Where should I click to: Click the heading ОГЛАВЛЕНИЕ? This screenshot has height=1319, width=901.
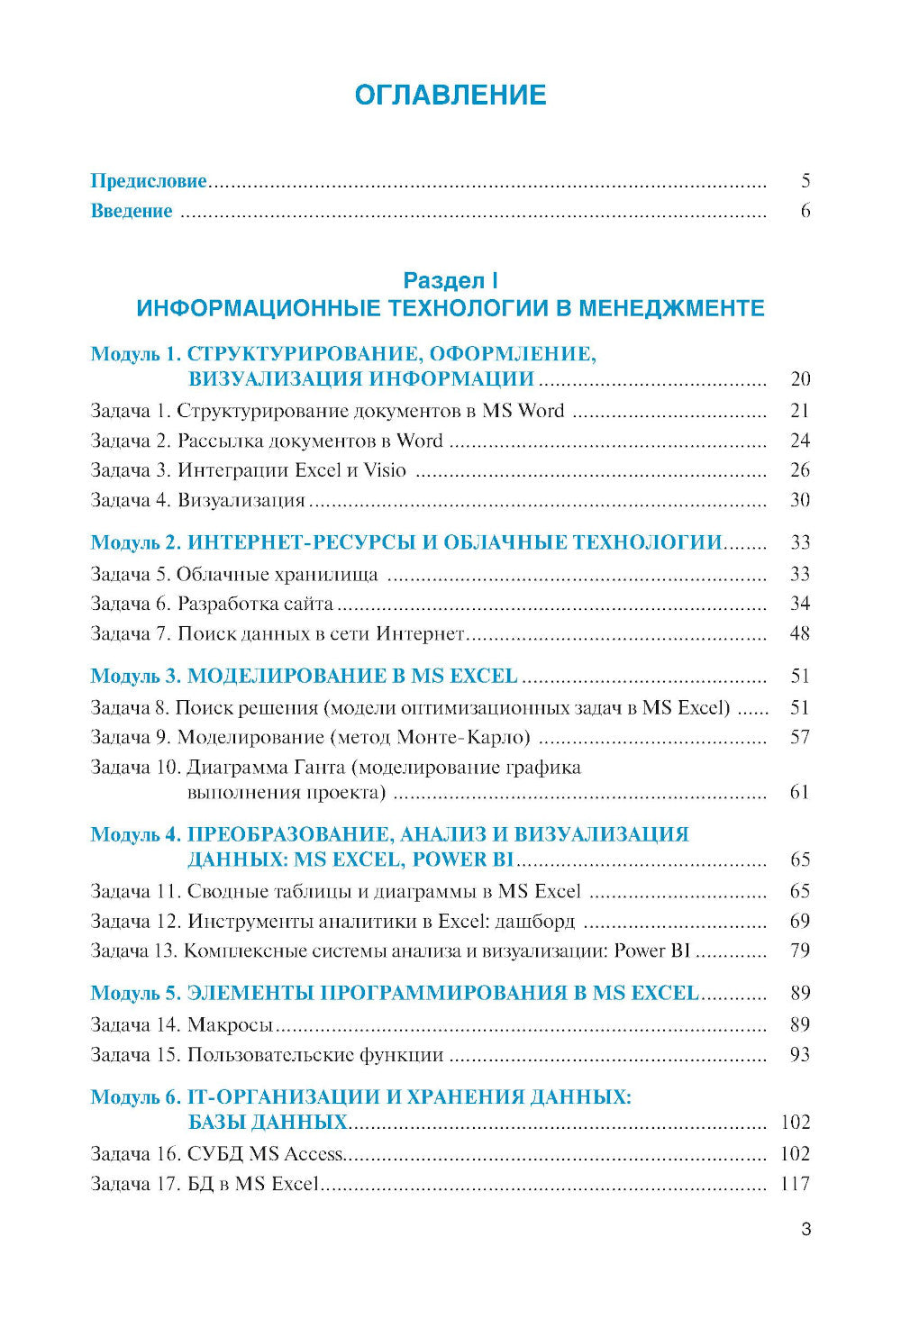click(450, 95)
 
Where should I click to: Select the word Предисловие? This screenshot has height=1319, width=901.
click(149, 181)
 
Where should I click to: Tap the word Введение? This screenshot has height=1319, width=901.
click(132, 211)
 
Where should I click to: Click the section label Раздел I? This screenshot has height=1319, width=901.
click(450, 280)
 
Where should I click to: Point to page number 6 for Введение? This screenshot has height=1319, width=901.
click(805, 211)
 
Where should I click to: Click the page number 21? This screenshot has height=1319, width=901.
click(800, 411)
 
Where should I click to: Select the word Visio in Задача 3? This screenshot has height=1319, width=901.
click(385, 470)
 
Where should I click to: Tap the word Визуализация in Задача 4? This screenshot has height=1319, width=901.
click(241, 500)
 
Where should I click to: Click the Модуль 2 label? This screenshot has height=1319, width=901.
click(136, 542)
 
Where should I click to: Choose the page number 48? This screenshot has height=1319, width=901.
click(800, 633)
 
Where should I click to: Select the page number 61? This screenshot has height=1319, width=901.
click(800, 793)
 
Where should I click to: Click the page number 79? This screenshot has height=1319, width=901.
click(800, 951)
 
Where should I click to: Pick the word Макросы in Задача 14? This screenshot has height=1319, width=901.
click(231, 1024)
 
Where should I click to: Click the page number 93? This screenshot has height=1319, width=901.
click(800, 1054)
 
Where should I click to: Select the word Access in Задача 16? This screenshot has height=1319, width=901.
click(314, 1154)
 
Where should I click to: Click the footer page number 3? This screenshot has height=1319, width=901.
click(805, 1229)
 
